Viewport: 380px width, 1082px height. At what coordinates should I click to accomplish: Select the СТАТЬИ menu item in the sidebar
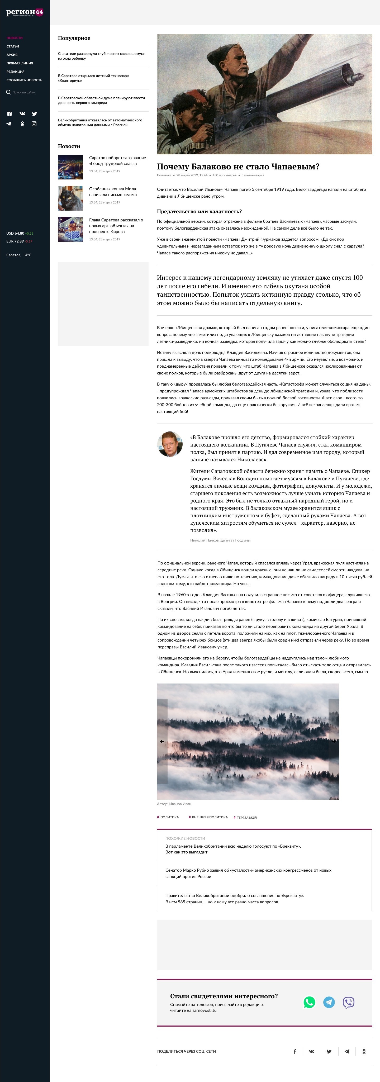[13, 46]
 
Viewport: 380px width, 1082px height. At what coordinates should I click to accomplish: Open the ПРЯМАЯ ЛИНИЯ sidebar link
[20, 63]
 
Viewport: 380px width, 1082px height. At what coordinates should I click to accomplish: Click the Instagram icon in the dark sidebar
[34, 124]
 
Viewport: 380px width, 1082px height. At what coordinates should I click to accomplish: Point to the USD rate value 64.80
[19, 233]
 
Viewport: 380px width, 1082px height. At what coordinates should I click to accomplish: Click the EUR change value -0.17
[28, 241]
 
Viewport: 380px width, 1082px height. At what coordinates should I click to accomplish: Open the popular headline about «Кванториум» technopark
[93, 78]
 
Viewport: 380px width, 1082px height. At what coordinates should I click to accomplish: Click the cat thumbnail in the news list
[70, 198]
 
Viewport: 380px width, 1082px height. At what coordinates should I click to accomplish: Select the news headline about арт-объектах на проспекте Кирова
[116, 226]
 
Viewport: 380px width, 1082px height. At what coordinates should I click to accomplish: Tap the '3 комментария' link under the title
[253, 175]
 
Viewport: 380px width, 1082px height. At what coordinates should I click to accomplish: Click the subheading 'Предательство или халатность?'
[199, 211]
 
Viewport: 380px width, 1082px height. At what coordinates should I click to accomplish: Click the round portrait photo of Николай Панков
[170, 444]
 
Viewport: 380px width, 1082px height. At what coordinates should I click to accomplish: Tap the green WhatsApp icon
[309, 1002]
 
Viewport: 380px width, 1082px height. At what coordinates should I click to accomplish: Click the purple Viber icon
[349, 1002]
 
